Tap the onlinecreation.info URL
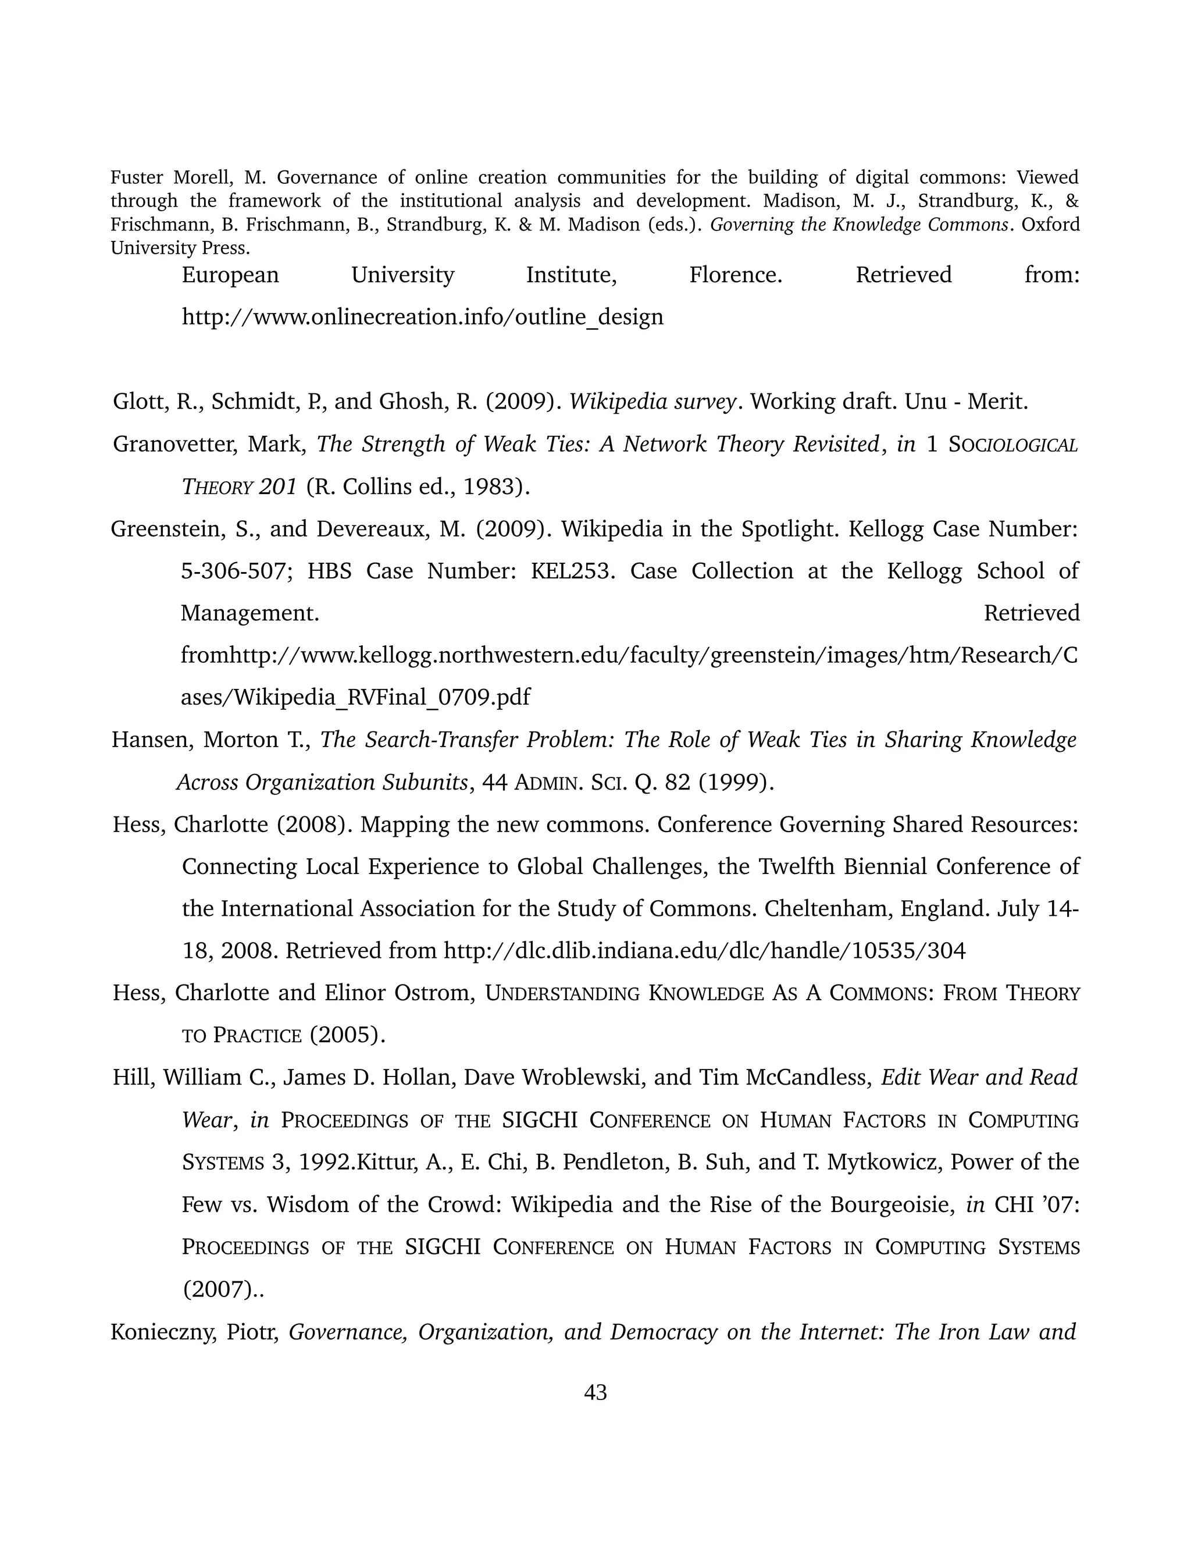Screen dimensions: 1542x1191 pos(422,317)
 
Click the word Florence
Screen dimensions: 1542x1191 pos(735,275)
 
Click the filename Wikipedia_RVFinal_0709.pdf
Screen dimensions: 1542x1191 pos(355,698)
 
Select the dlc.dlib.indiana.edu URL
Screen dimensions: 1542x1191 pos(704,951)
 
